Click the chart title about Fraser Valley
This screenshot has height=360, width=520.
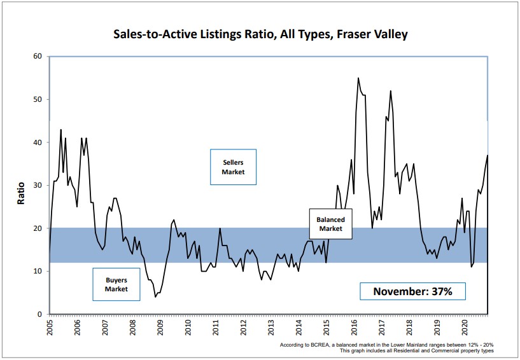(x=260, y=34)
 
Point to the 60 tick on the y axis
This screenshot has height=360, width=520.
(x=38, y=57)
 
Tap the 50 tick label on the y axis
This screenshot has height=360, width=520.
(x=38, y=100)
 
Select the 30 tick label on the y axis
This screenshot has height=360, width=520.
(x=38, y=186)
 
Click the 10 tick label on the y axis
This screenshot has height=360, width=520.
(x=38, y=272)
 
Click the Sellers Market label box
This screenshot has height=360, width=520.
(x=233, y=167)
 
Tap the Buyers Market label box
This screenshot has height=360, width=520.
(x=116, y=284)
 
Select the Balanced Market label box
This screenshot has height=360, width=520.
(x=330, y=224)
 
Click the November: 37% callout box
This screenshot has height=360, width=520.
(x=412, y=291)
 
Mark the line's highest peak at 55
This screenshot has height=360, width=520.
(x=358, y=78)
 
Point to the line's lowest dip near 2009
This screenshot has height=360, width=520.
(x=155, y=296)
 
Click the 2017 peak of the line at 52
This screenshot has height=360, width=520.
(x=390, y=91)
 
